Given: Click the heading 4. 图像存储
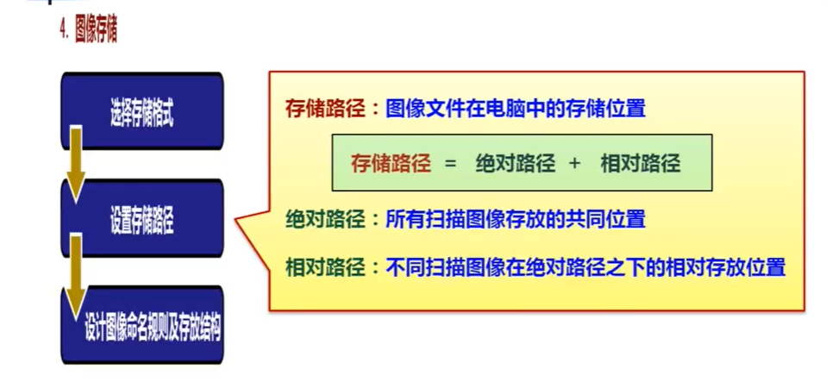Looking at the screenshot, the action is [x=88, y=32].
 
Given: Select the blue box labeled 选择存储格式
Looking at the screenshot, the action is [x=142, y=111].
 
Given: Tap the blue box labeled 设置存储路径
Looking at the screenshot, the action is [x=142, y=218].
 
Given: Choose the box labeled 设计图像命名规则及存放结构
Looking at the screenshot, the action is [x=142, y=325].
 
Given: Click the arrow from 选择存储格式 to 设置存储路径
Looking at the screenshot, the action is [x=76, y=164].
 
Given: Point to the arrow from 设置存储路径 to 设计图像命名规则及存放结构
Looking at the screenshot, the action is [x=76, y=276].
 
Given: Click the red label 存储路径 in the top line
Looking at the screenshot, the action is [x=325, y=110].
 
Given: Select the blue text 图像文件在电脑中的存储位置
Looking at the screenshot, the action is [x=516, y=110].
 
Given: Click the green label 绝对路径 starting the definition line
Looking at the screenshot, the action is [x=325, y=219].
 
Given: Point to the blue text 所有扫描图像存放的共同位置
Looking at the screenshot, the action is [x=516, y=219].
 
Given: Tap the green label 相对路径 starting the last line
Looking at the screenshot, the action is [x=325, y=267].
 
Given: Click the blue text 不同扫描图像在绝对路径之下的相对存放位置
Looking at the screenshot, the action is [x=585, y=267].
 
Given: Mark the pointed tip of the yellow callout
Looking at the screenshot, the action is [x=235, y=219].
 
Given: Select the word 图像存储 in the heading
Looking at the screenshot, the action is [x=96, y=32].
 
